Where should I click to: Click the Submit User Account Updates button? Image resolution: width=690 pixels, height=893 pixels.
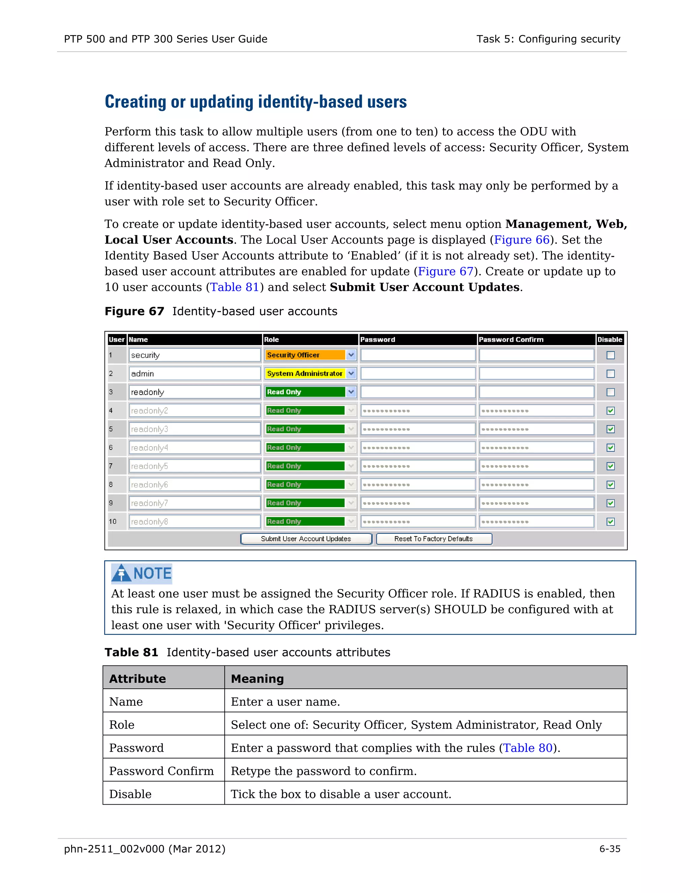(306, 538)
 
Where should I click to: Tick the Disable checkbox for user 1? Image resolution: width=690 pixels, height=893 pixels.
(610, 355)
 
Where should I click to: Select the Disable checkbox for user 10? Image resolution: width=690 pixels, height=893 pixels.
(610, 521)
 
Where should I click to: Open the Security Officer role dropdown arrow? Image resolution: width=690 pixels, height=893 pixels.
(351, 355)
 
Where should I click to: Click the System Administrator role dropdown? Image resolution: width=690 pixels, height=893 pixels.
(310, 373)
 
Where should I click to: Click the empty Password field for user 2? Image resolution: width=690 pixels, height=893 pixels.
(417, 373)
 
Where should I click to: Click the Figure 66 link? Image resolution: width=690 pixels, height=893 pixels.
(522, 240)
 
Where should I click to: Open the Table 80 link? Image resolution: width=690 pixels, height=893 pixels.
(527, 748)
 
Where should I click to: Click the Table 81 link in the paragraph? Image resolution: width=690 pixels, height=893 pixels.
(234, 287)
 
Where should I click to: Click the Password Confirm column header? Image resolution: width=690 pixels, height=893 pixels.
(511, 339)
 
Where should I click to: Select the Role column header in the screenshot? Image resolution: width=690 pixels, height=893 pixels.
(272, 339)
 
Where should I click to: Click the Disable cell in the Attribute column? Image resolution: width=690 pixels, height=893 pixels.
(130, 794)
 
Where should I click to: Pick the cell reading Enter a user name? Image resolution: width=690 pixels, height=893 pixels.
(285, 702)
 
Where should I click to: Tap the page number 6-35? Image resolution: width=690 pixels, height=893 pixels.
(609, 849)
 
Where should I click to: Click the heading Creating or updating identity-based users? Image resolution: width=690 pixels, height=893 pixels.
(255, 102)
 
